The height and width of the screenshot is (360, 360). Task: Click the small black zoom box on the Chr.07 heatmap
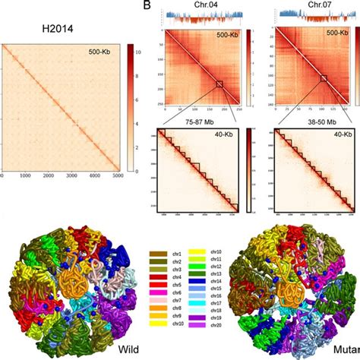(324, 78)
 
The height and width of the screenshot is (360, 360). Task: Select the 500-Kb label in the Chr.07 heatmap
(339, 34)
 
